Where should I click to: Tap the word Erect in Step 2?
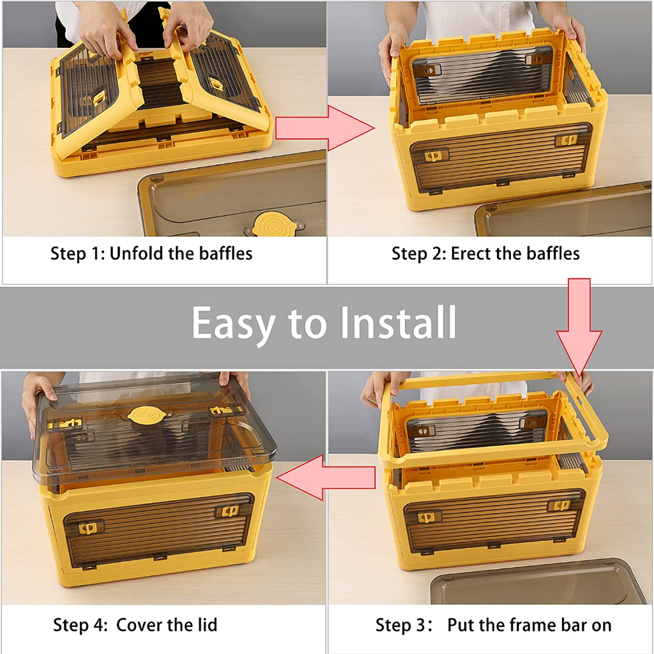point(471,254)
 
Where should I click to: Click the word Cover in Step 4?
point(139,625)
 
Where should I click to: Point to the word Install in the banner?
point(399,322)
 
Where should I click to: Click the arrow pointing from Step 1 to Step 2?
point(324,128)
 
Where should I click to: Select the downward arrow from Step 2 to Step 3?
point(579,328)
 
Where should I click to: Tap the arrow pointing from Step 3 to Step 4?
point(325,478)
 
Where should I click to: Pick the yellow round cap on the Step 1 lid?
point(275,224)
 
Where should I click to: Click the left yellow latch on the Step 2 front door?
point(434,156)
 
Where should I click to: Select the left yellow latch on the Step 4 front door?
point(88,528)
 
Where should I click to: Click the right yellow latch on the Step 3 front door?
point(559,506)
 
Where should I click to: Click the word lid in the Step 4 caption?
point(207,625)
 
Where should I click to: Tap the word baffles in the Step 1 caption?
point(225,254)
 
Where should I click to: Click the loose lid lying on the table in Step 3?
point(538,582)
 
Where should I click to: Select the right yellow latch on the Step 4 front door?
point(228,511)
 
